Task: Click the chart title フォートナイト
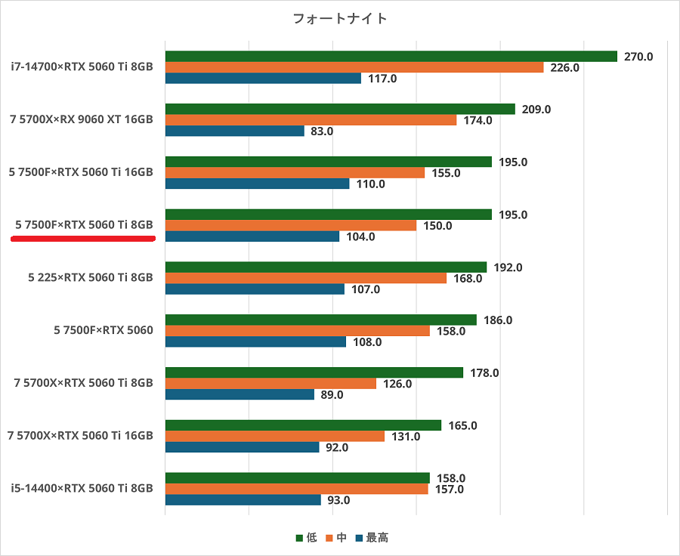[340, 18]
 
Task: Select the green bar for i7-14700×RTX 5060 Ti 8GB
[391, 57]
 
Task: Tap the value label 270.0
[638, 57]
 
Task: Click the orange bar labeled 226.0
[354, 67]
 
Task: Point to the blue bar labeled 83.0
[235, 131]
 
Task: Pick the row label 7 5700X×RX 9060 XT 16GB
[82, 119]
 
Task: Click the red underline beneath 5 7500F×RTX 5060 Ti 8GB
[83, 238]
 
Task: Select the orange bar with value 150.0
[291, 225]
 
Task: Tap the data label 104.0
[360, 236]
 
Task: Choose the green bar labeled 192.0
[326, 267]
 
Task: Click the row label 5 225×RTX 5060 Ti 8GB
[90, 277]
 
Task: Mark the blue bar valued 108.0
[255, 341]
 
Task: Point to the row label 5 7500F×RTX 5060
[104, 330]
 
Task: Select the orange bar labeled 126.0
[270, 384]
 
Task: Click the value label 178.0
[484, 373]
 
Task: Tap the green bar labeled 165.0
[303, 425]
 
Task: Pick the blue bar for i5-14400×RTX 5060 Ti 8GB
[243, 500]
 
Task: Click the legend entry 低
[307, 538]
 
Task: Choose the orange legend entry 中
[337, 538]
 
